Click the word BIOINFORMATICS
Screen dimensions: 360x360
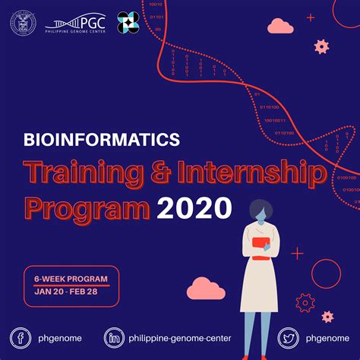point(102,140)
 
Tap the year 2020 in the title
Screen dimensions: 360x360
point(194,207)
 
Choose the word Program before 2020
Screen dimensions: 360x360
point(86,207)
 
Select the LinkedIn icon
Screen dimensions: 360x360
point(115,338)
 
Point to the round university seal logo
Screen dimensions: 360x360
point(23,23)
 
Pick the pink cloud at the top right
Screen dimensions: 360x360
point(280,27)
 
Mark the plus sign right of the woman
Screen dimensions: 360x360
point(297,253)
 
